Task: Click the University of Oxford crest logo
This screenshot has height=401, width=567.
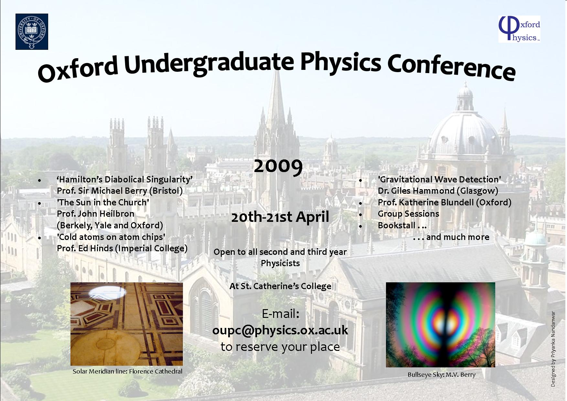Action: tap(32, 31)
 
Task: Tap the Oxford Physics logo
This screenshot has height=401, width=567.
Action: tap(519, 29)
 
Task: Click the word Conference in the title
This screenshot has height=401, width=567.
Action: tap(451, 68)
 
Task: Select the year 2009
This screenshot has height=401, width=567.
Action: tap(278, 167)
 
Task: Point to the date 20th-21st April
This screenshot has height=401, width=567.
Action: tap(280, 217)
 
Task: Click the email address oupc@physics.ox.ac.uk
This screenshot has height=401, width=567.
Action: tap(280, 330)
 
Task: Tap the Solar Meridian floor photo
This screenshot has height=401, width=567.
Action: tap(127, 324)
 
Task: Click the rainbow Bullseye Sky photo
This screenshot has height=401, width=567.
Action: tap(441, 325)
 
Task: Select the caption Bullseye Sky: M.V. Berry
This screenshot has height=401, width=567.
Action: tap(442, 375)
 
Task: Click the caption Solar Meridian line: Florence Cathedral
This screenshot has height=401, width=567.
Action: tap(127, 371)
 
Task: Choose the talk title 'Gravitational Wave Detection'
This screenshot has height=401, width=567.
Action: tap(440, 179)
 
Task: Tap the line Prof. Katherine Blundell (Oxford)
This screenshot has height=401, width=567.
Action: tap(444, 202)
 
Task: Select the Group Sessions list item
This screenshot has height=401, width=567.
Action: tap(409, 214)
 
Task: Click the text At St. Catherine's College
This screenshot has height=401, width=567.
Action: tap(280, 286)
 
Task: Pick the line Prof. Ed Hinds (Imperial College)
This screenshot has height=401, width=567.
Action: tap(122, 248)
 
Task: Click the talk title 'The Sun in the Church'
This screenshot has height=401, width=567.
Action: tap(103, 202)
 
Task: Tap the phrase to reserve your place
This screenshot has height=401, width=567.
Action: tap(280, 347)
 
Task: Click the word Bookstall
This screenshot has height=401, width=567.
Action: tap(397, 225)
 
